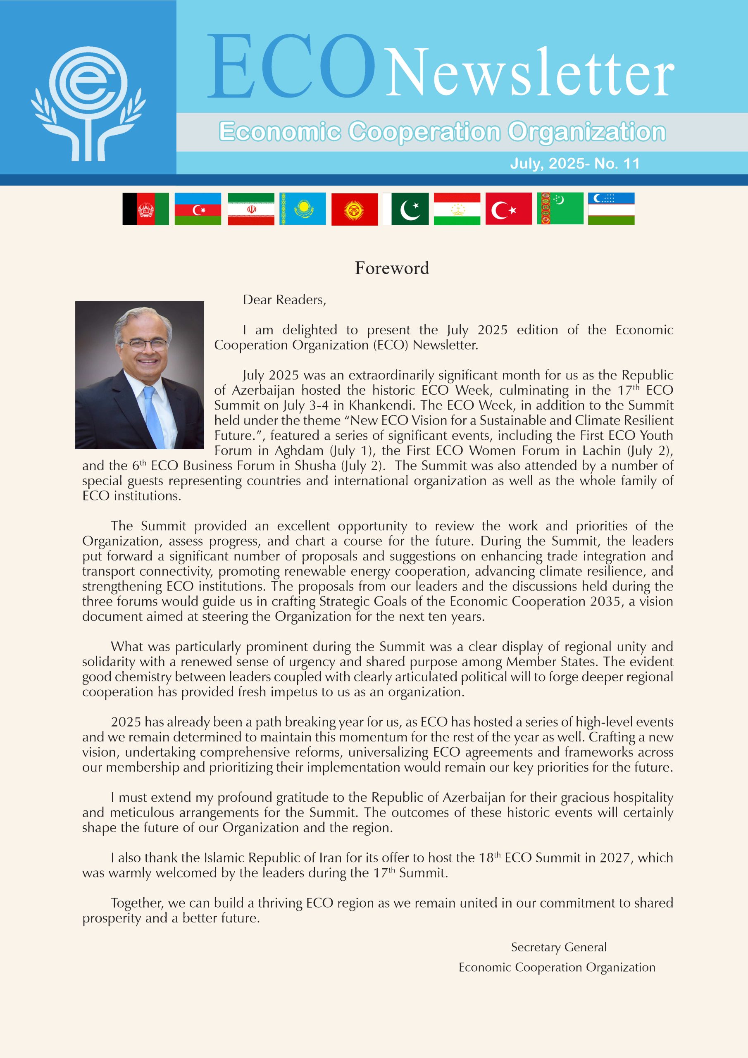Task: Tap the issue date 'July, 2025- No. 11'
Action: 574,164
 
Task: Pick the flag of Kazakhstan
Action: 303,209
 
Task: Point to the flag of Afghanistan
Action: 145,209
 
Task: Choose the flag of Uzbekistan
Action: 611,209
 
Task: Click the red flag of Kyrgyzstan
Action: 355,209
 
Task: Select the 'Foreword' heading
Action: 392,268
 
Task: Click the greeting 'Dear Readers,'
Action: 284,300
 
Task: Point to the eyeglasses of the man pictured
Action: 143,344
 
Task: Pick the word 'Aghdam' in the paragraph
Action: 299,450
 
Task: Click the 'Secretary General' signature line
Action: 559,947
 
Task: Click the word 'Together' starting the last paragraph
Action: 137,903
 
